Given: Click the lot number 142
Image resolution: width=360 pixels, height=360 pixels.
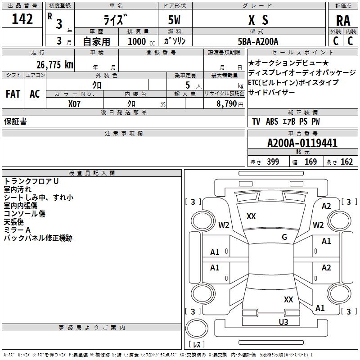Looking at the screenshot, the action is pos(22,19).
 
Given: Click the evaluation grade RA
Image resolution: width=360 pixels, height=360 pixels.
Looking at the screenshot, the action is pos(343,21).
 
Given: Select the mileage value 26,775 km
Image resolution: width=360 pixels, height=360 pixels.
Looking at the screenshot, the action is pos(54,65).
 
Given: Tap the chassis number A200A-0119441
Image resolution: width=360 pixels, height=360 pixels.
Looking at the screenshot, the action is pos(302,143).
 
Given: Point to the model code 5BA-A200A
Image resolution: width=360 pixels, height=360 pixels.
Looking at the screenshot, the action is pos(258,41).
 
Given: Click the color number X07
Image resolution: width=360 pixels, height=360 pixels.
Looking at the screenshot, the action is pos(74,104).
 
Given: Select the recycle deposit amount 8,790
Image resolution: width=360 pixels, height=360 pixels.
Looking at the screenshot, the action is pos(227,104).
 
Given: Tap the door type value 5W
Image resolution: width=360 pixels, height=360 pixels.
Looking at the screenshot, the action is pos(174,20).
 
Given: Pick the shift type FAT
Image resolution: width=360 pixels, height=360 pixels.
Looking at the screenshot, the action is pos(13,94).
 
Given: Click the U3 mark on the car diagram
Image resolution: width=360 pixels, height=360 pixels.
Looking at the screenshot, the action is pos(283,322).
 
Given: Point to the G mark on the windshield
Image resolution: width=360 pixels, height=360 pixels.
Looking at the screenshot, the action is pos(284,237).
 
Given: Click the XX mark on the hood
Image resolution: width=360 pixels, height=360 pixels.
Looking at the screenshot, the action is pos(251,216).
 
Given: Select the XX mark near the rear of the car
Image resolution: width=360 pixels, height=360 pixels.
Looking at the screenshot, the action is pos(288,299).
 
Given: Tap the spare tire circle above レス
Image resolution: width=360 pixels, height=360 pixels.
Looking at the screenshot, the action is pos(197,328).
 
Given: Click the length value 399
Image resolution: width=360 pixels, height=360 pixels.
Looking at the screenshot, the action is pos(273,162).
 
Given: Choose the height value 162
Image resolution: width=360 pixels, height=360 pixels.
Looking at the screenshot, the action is pos(346,162).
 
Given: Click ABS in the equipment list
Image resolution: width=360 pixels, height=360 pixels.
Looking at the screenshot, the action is pos(272,121).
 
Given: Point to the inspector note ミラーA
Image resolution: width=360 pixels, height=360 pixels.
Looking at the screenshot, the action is pos(17,230).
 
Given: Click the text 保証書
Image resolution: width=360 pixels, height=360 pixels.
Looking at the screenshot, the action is pos(15,121).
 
